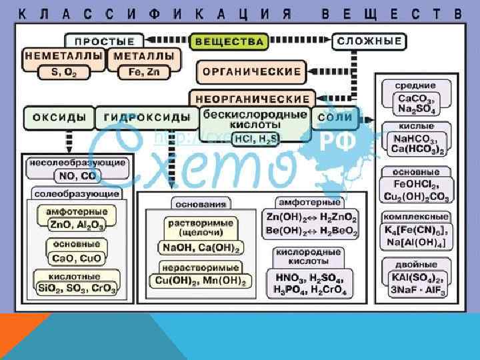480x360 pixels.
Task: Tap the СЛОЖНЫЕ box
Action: [x=370, y=41]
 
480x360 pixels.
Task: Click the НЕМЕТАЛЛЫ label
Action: [x=64, y=57]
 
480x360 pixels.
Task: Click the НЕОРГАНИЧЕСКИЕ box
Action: [x=253, y=99]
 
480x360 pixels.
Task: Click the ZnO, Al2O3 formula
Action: [x=77, y=225]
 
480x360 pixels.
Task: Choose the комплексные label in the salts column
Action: [x=416, y=217]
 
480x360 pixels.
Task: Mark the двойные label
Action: [x=416, y=265]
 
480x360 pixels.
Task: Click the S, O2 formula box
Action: [x=64, y=71]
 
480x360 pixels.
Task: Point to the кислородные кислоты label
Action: [x=313, y=257]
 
